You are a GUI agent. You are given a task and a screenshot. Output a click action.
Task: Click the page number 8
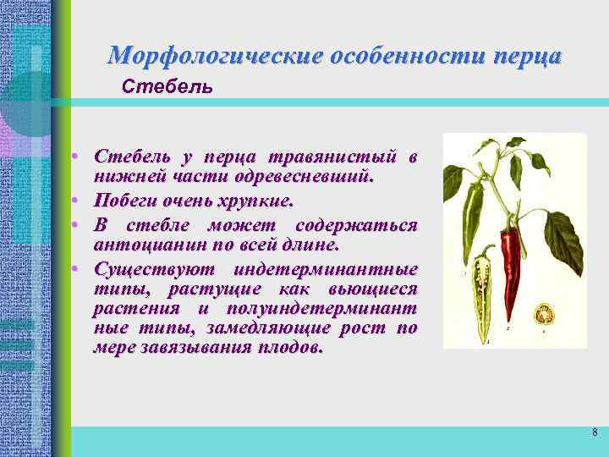coord(595,433)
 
